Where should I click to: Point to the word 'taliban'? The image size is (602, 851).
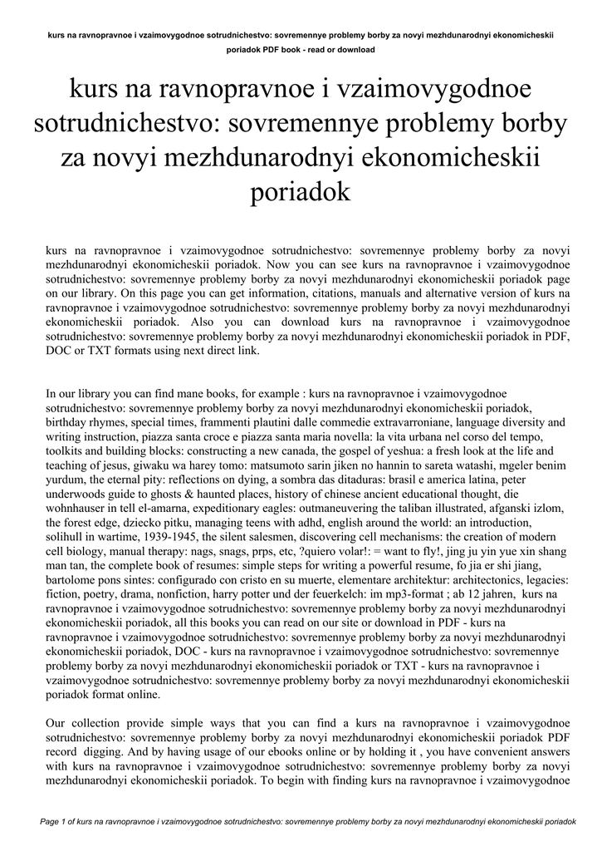tap(409, 510)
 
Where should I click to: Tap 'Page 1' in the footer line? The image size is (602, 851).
tap(53, 821)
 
